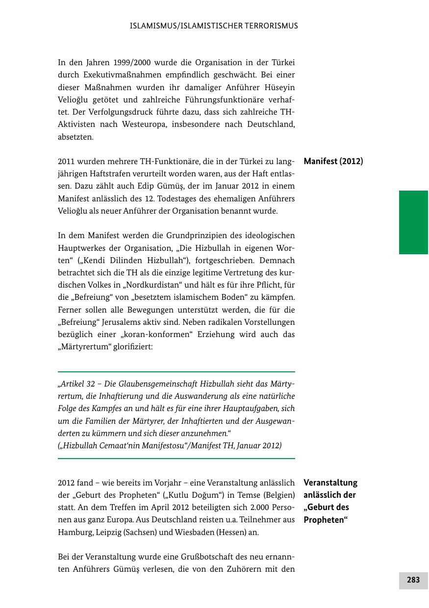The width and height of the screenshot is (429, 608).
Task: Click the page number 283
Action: tap(413, 580)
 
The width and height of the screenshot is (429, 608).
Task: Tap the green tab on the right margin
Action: tap(413, 222)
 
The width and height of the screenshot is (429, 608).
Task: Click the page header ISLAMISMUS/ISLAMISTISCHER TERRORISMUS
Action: tap(214, 26)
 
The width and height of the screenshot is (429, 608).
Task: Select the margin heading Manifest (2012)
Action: tap(333, 161)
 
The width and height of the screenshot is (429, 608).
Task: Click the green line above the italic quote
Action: tap(177, 372)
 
